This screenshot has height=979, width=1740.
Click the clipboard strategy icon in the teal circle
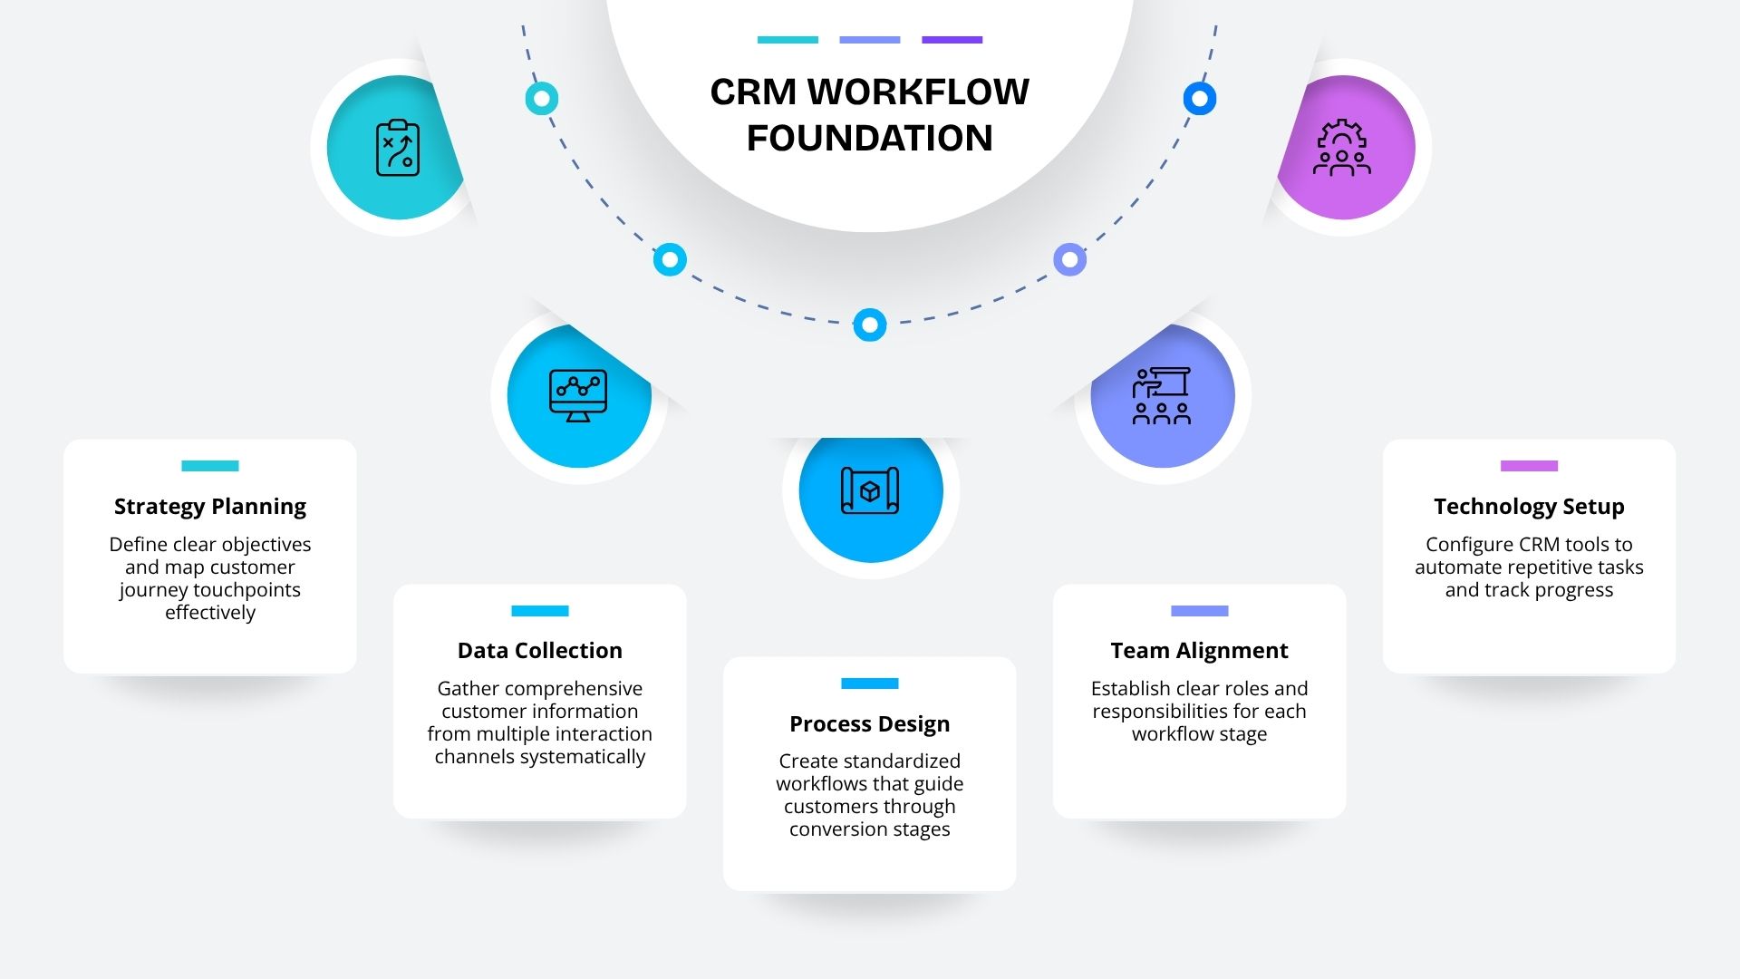click(x=398, y=148)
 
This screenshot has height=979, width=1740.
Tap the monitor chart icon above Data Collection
click(x=578, y=395)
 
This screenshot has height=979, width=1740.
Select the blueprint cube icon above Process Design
click(x=870, y=490)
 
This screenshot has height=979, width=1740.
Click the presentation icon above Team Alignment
click(x=1162, y=395)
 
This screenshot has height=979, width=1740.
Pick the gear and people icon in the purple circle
click(x=1342, y=148)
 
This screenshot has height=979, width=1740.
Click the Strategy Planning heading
click(x=210, y=507)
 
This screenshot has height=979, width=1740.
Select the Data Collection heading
click(x=540, y=651)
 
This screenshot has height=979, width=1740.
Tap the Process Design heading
click(x=870, y=724)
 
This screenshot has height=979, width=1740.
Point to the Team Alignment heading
click(x=1199, y=651)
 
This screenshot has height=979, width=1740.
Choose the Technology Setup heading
click(x=1529, y=507)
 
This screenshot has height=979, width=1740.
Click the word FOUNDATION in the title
click(x=870, y=139)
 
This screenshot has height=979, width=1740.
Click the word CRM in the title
click(x=753, y=92)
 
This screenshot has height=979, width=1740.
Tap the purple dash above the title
click(x=952, y=40)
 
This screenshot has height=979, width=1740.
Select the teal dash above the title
click(x=788, y=40)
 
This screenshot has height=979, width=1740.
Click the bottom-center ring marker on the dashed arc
click(x=870, y=325)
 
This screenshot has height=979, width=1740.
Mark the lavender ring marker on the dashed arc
click(x=1070, y=260)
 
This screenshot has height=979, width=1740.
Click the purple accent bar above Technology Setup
click(x=1529, y=466)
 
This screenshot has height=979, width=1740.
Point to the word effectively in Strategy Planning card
click(x=210, y=613)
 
